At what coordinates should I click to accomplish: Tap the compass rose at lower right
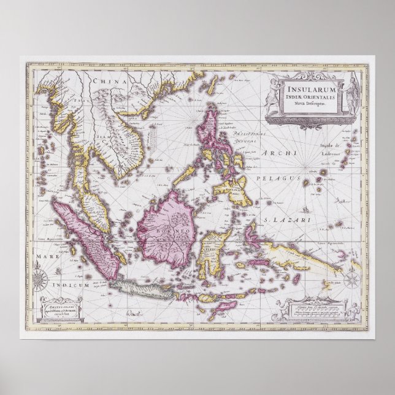[x=352, y=280]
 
